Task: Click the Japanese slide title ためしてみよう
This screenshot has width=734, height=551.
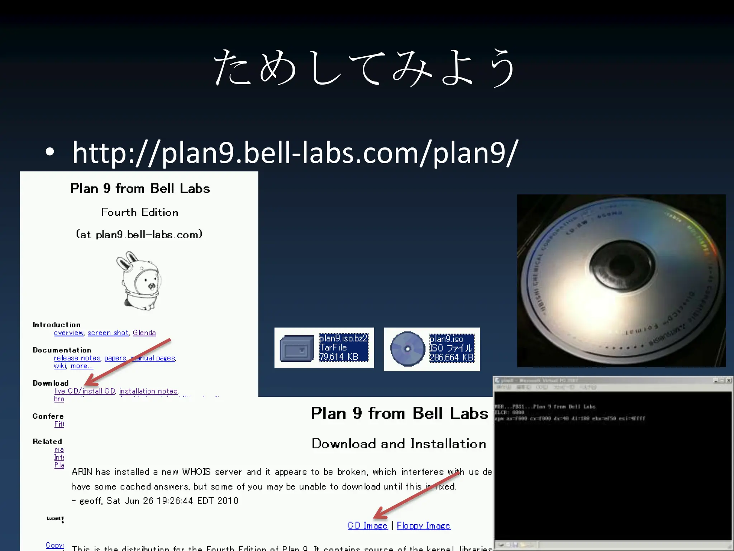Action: [x=365, y=68]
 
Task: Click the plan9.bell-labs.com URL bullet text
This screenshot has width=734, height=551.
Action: [x=295, y=152]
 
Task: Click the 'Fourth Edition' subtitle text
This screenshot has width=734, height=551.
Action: [x=139, y=212]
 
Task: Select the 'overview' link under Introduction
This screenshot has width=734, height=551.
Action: [x=68, y=333]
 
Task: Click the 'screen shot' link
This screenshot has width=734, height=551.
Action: [x=108, y=333]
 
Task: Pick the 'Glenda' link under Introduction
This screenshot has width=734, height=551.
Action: [x=144, y=333]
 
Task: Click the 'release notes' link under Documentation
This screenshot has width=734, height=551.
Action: [x=77, y=358]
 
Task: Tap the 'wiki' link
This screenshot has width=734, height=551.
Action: [x=60, y=366]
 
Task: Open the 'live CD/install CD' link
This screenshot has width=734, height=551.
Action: [x=85, y=391]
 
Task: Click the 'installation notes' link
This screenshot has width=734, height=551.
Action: [x=148, y=391]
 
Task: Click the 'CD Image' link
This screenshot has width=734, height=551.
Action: [x=367, y=526]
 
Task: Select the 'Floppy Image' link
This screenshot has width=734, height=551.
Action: [x=423, y=526]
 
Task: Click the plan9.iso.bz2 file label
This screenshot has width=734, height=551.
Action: [x=343, y=338]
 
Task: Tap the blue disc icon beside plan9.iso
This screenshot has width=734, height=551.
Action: [x=407, y=349]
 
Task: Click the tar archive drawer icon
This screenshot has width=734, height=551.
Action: [x=296, y=348]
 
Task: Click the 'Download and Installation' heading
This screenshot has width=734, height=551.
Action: [x=399, y=444]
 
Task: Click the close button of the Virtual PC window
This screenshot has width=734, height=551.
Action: [x=728, y=381]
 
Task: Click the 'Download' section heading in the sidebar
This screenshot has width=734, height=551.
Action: [x=51, y=383]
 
